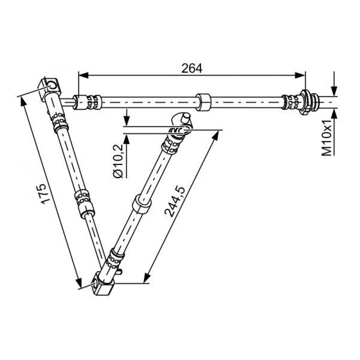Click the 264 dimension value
pyautogui.click(x=192, y=68)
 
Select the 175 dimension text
pyautogui.click(x=45, y=194)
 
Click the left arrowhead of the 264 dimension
pyautogui.click(x=84, y=75)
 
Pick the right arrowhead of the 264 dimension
pyautogui.click(x=300, y=75)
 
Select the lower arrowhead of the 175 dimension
pyautogui.click(x=78, y=282)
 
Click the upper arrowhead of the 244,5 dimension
pyautogui.click(x=215, y=135)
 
